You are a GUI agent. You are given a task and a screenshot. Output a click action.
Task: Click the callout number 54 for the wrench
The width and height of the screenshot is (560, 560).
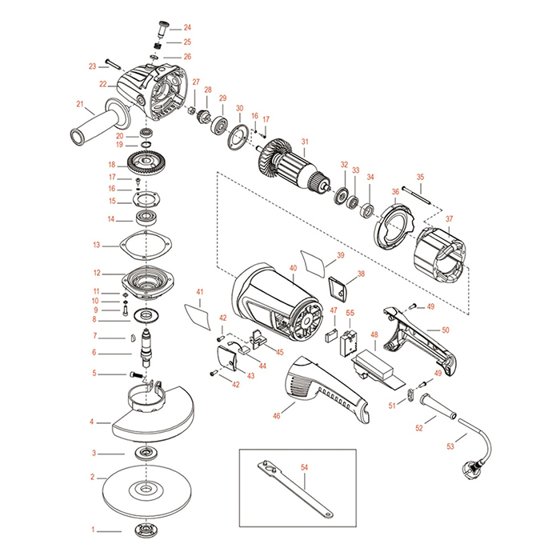tap(304, 465)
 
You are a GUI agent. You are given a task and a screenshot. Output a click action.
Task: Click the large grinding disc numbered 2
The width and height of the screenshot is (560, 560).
tap(146, 490)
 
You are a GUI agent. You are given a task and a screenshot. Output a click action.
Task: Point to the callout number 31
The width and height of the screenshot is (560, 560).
tap(304, 142)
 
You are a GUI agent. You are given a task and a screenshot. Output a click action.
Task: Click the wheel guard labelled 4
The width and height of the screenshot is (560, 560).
tap(152, 416)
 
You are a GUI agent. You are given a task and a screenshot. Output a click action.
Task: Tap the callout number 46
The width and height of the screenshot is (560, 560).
tap(277, 416)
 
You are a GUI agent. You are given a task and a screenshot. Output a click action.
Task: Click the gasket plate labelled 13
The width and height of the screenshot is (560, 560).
tap(145, 243)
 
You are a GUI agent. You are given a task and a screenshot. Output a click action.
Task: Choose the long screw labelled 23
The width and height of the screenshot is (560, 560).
tap(110, 66)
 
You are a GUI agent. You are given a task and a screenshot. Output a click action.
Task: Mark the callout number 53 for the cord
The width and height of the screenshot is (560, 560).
tap(450, 446)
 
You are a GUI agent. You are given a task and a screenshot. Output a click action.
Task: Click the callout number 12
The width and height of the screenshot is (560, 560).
tap(97, 272)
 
